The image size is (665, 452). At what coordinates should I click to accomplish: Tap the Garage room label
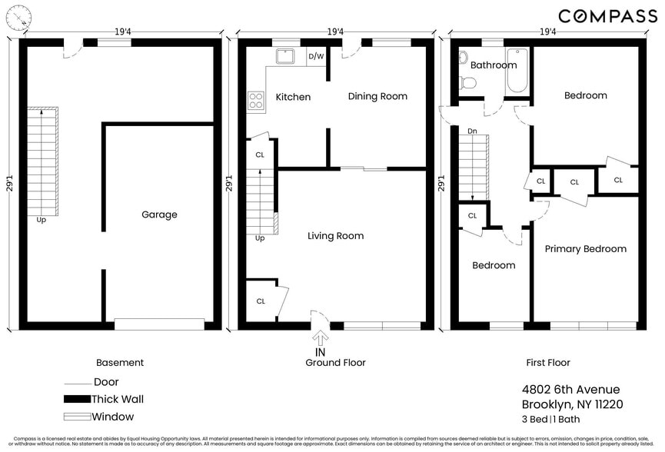[158, 214]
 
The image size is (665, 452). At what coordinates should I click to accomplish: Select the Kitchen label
[293, 97]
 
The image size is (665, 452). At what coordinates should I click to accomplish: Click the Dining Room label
[377, 96]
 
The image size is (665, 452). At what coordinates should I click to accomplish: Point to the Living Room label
[335, 236]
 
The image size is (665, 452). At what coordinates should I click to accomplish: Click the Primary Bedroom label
[585, 249]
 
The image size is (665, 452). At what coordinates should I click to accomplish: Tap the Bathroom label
[493, 65]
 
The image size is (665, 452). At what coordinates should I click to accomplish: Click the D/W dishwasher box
[316, 56]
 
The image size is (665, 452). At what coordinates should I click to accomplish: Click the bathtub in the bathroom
[517, 71]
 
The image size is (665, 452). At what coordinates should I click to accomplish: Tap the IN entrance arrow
[321, 341]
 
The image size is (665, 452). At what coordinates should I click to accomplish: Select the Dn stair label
[472, 131]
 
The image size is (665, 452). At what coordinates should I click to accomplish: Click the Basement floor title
[119, 362]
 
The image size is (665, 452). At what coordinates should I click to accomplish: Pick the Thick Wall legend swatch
[76, 399]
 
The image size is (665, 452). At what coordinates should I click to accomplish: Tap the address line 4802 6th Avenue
[570, 390]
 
